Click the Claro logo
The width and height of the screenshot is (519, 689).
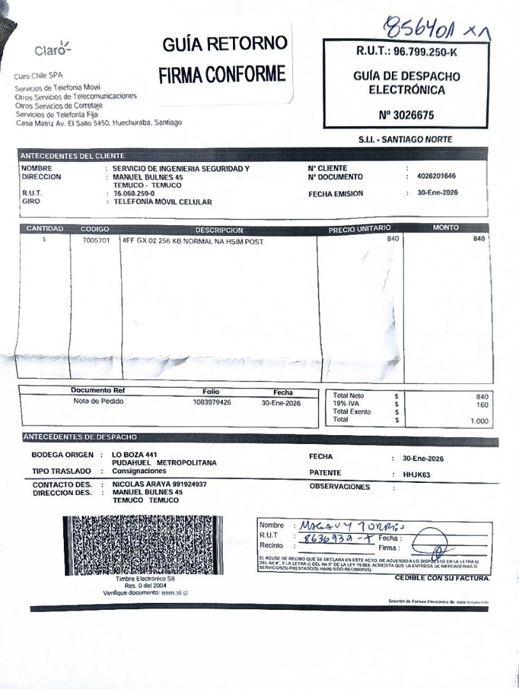tap(53, 50)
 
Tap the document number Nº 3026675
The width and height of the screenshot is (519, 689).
tap(406, 115)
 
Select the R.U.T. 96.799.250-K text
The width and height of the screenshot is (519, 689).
tap(407, 52)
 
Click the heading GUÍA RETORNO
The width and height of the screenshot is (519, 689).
tap(225, 45)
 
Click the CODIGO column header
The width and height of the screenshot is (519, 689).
tap(95, 229)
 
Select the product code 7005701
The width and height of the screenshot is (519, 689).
tap(96, 241)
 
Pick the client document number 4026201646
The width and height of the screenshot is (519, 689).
tap(437, 177)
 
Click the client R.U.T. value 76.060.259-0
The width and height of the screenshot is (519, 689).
tap(134, 193)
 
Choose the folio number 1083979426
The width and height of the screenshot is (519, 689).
tap(212, 403)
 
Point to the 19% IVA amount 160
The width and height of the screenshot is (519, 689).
tap(482, 404)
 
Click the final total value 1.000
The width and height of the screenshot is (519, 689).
tap(479, 421)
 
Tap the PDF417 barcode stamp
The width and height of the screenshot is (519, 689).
tap(144, 545)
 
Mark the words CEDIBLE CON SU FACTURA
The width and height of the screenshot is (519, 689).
tap(442, 578)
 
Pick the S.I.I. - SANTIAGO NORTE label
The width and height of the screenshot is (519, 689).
tap(405, 139)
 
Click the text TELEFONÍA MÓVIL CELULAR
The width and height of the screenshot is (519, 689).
tap(163, 202)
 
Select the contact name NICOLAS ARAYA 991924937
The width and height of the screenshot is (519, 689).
tap(160, 484)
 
